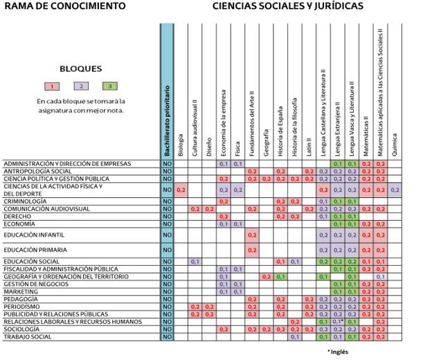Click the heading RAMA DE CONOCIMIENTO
point(64,7)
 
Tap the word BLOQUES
point(81,69)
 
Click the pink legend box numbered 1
point(53,87)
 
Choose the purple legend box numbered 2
point(82,87)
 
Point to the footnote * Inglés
point(337,352)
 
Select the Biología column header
point(181,143)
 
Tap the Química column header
point(395,143)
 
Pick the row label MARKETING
point(21,291)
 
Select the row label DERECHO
point(19,217)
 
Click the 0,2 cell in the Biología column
point(181,190)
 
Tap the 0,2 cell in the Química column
point(395,190)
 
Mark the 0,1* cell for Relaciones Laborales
point(337,322)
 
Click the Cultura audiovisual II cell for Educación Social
point(195,262)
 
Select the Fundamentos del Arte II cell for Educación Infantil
point(252,235)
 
